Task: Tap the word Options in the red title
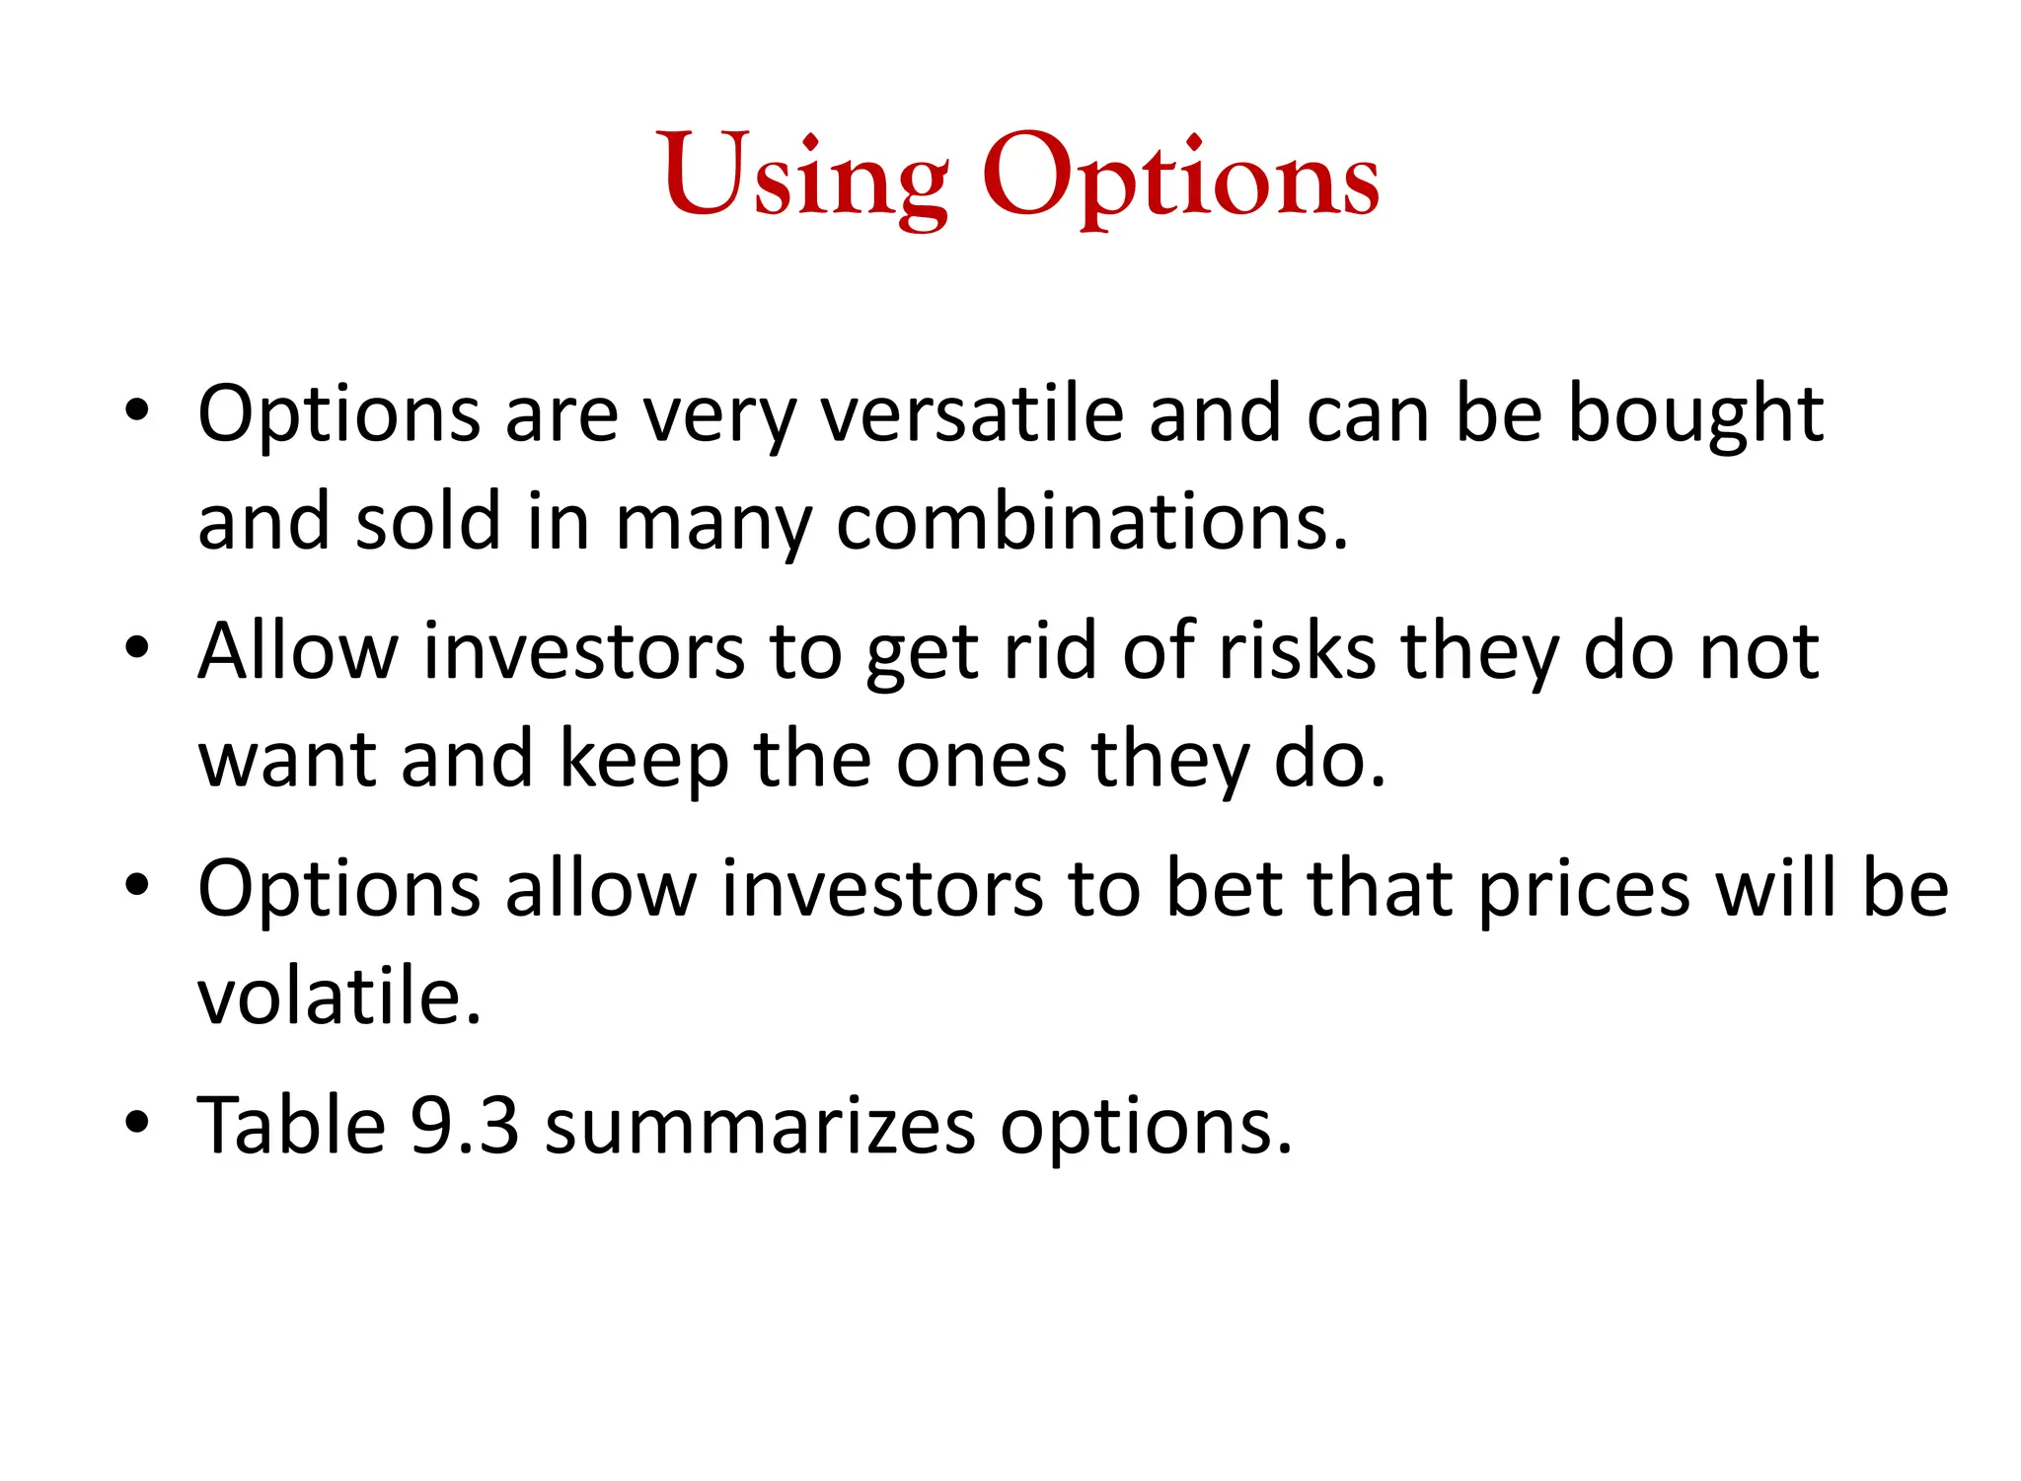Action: click(1180, 178)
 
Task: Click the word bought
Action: click(1695, 413)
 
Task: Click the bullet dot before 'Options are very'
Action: click(137, 409)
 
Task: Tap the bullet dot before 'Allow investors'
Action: click(137, 647)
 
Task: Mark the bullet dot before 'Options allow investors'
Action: click(137, 885)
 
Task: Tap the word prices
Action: click(1585, 888)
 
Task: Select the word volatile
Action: click(338, 997)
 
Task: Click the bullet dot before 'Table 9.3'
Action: click(137, 1122)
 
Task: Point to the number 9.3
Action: click(464, 1126)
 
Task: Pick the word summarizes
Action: click(760, 1126)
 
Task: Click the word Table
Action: click(292, 1126)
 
